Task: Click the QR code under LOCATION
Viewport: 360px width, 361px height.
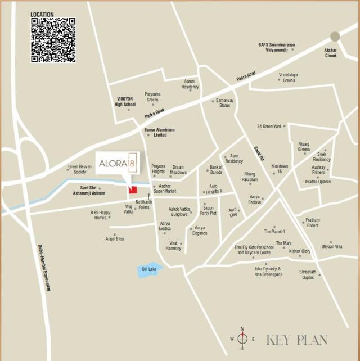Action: pyautogui.click(x=53, y=40)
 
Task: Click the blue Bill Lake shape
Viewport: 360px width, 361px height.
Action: pyautogui.click(x=150, y=270)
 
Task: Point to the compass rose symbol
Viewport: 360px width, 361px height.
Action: pyautogui.click(x=242, y=339)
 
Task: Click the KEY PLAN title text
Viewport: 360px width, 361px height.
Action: pyautogui.click(x=297, y=340)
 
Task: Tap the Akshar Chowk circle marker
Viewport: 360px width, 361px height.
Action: pyautogui.click(x=335, y=37)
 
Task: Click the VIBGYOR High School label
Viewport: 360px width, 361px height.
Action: pyautogui.click(x=125, y=101)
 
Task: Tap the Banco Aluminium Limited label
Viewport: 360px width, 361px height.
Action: pyautogui.click(x=160, y=132)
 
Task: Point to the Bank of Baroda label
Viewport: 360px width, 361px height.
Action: pyautogui.click(x=216, y=169)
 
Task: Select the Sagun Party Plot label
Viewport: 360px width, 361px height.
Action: pyautogui.click(x=209, y=210)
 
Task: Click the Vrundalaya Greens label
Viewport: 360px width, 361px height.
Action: pyautogui.click(x=289, y=78)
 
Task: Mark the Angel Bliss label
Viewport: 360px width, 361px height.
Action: pyautogui.click(x=115, y=239)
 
